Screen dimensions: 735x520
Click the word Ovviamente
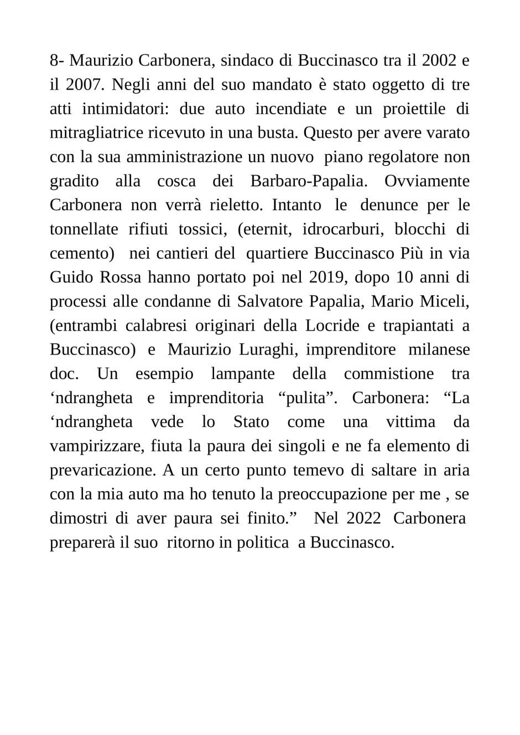(427, 181)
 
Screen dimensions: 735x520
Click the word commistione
(389, 374)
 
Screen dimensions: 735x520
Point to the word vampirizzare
(97, 446)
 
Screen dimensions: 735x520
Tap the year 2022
(364, 518)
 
